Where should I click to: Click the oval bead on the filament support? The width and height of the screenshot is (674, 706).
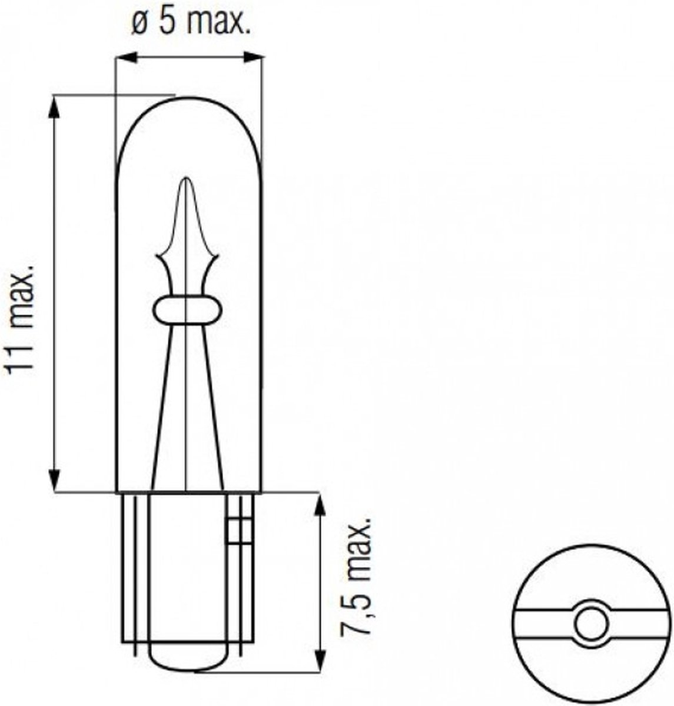(x=187, y=310)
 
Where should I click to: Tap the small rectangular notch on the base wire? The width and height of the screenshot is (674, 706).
(x=235, y=529)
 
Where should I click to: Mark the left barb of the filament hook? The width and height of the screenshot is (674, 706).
(x=160, y=257)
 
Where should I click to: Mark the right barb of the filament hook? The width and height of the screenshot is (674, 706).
(x=214, y=257)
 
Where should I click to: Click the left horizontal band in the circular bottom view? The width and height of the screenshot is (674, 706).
(x=542, y=625)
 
